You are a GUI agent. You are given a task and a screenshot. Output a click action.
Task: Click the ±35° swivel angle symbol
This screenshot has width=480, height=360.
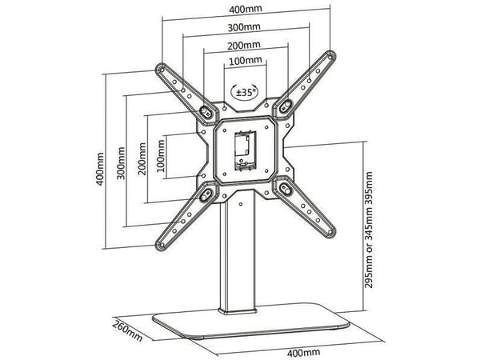pos(244,91)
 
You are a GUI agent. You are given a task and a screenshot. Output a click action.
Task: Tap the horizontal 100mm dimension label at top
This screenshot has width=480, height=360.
pos(246,60)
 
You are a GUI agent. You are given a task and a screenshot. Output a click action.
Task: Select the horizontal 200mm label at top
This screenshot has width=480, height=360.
pos(244,46)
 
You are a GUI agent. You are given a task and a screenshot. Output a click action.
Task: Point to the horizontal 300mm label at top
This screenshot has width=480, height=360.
pos(244,27)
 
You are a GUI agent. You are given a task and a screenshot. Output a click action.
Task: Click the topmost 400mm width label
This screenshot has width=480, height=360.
pos(246,9)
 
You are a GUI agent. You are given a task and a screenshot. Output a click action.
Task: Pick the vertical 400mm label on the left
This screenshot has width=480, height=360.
pos(100,169)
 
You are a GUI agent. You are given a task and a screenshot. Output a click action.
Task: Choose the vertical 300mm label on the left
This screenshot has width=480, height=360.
pos(122,163)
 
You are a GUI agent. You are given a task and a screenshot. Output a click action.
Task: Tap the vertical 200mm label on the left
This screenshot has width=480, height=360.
pos(142,158)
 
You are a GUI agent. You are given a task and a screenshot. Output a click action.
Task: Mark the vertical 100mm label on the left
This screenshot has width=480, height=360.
pos(161,155)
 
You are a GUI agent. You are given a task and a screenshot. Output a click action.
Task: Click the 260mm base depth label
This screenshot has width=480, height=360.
pos(127,330)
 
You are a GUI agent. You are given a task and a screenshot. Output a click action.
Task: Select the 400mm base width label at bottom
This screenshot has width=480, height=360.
pos(304,353)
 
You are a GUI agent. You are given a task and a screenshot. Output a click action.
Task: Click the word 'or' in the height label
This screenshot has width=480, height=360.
pos(369,241)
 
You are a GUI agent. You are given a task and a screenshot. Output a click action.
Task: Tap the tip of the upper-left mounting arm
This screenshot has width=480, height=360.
pos(161,69)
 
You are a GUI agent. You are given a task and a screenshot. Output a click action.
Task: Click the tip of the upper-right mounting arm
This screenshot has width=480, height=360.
pos(330,56)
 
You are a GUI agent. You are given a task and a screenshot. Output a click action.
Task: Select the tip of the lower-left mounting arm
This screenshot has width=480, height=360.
pos(161,245)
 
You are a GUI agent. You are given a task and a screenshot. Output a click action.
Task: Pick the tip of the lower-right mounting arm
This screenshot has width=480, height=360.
pos(330,231)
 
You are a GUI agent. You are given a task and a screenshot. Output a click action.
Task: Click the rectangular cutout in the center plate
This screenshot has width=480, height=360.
pos(246,151)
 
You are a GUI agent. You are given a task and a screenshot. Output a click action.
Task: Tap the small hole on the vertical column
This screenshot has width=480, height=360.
pos(241,204)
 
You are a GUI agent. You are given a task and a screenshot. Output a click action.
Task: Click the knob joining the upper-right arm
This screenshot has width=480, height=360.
pos(286,106)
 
